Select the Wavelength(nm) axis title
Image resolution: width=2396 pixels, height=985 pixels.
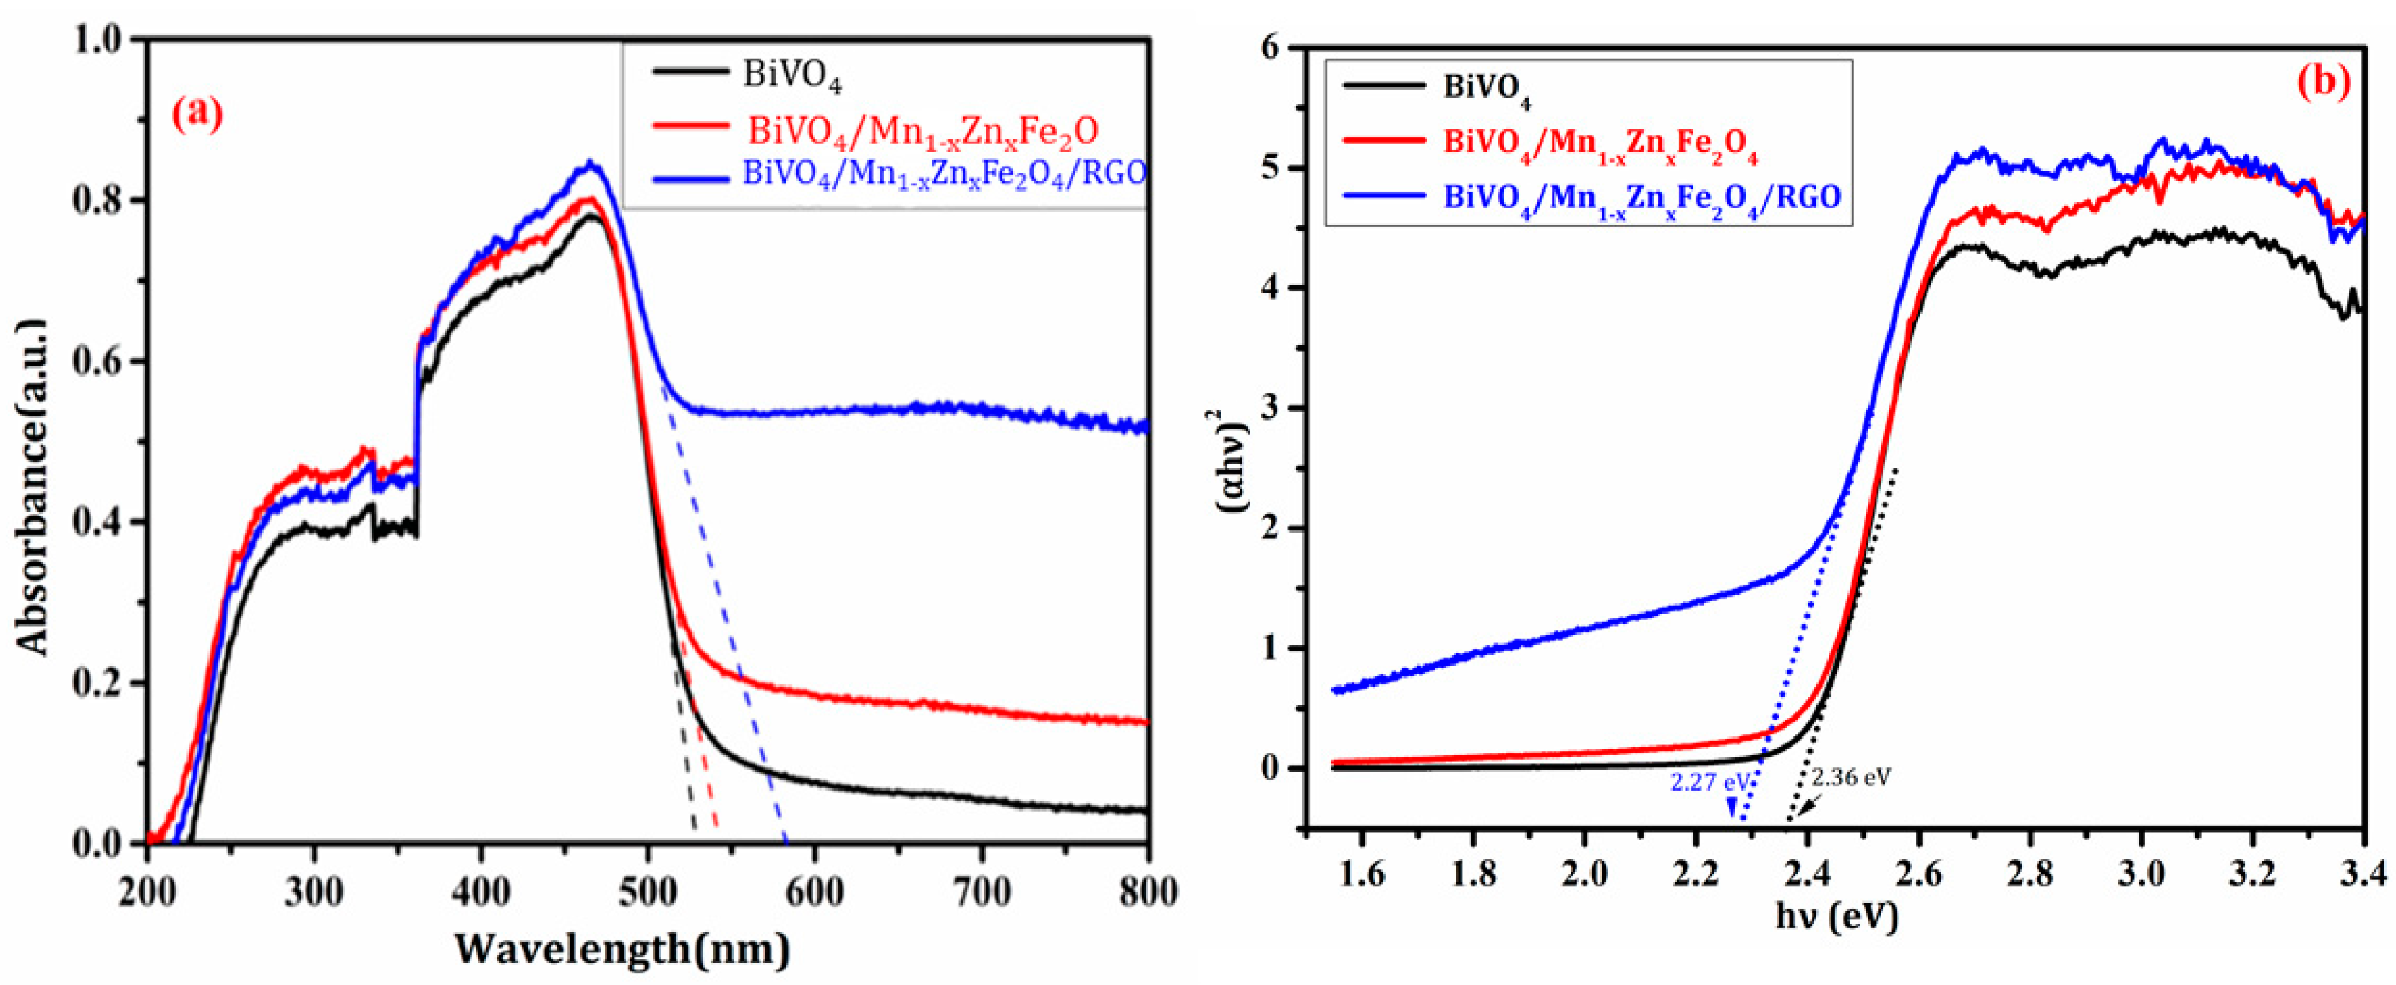(x=623, y=950)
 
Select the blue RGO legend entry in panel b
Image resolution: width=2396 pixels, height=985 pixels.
(x=1641, y=197)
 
